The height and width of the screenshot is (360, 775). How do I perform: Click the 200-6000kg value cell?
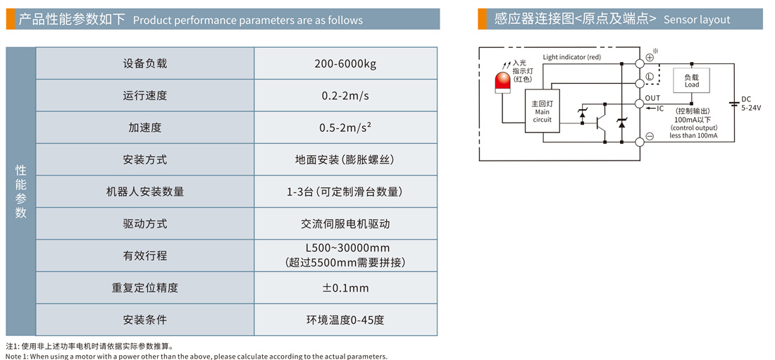coord(345,63)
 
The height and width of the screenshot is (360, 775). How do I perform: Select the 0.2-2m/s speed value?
coord(345,96)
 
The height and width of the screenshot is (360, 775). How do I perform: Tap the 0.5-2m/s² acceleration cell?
coord(345,128)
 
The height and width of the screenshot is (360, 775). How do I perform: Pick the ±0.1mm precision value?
coord(345,287)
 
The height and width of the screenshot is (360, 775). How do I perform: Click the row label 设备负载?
coord(145,63)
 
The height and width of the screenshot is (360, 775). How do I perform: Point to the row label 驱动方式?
coord(145,223)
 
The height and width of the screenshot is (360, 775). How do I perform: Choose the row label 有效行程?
coord(145,256)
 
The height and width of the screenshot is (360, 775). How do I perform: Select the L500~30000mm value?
coord(345,248)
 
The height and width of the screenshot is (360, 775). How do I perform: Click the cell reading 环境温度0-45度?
coord(345,320)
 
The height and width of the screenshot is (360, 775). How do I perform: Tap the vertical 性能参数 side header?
coord(21,192)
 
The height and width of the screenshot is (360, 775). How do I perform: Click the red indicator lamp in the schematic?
coord(503,81)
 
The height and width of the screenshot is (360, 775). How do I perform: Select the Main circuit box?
coord(542,111)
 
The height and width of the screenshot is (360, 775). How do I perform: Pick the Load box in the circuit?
coord(692,80)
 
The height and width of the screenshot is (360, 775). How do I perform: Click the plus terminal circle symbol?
coord(649,57)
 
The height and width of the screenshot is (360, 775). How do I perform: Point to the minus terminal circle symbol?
coord(649,136)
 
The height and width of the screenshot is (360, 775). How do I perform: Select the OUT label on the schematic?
coord(653,98)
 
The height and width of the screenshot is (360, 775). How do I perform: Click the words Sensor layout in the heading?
coord(697,20)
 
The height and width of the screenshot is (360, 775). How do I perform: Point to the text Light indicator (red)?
coord(572,57)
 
